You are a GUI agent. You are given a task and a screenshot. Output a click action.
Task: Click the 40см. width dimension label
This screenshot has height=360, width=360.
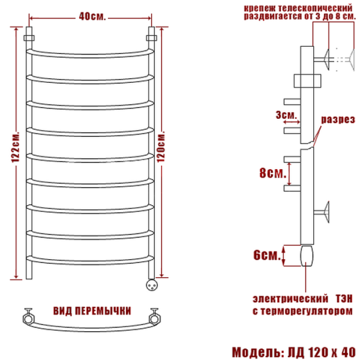pos(92,17)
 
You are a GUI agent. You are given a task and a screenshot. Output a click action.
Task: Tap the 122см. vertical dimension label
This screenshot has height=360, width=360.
pos(16,147)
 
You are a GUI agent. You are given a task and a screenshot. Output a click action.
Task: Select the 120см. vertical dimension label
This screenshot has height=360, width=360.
pos(161,146)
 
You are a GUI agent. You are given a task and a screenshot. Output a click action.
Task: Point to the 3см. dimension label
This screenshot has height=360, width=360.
pos(286,115)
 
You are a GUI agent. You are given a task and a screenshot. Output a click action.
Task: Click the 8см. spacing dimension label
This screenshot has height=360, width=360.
pos(273,173)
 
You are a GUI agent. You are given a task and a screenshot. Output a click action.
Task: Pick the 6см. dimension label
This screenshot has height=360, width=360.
pos(267,255)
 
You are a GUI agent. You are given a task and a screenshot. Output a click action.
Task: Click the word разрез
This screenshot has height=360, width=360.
pos(338,119)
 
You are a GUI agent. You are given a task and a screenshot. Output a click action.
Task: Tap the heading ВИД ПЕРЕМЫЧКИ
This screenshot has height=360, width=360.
pos(92,311)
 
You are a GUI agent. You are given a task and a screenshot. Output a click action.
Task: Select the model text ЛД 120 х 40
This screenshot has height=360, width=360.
pos(322,352)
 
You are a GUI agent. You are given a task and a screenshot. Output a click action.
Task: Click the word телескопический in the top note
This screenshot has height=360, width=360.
pos(315,8)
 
